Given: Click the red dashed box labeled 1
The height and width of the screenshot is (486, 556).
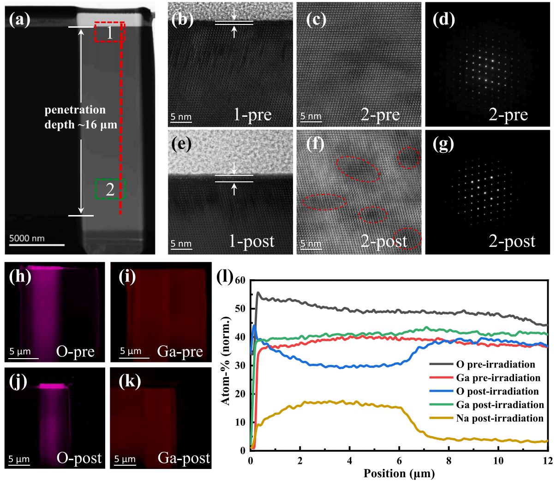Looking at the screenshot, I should [x=109, y=32].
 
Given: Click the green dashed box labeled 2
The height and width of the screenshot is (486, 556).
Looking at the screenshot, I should [x=110, y=189].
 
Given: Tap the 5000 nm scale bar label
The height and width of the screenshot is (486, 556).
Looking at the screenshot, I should [x=27, y=238].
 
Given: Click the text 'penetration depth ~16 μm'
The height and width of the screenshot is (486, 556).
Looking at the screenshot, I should [x=80, y=117].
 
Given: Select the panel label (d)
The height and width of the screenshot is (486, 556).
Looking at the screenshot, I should [x=443, y=19].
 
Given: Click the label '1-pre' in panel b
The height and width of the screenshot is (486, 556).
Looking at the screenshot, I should [x=252, y=114].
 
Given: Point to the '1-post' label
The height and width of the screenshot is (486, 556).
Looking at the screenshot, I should [x=251, y=241].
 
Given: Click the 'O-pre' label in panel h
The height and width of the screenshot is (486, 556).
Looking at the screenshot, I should [x=75, y=352].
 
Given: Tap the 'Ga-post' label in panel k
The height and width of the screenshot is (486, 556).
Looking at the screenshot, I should [x=184, y=458].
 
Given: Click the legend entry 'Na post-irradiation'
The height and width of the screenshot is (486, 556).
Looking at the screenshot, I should [x=500, y=418].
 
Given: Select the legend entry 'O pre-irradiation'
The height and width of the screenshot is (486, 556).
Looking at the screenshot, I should [x=496, y=365].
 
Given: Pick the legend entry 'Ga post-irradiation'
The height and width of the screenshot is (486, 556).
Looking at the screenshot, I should [x=500, y=405].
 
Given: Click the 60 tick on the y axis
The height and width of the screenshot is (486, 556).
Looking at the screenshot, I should [x=240, y=280].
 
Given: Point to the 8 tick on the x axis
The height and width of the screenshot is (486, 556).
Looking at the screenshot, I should [x=448, y=460].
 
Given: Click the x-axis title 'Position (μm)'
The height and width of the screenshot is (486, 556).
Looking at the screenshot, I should [x=399, y=474].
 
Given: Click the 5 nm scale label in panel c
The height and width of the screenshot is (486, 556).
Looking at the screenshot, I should [x=311, y=115].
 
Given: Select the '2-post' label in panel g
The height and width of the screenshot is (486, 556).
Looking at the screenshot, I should [x=512, y=241].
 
